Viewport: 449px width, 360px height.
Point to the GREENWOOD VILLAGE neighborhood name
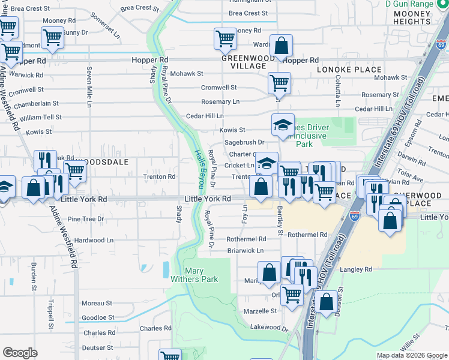[244, 62]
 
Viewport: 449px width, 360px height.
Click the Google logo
[20, 353]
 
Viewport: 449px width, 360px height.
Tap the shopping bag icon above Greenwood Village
[280, 45]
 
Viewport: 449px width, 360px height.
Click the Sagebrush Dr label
[244, 142]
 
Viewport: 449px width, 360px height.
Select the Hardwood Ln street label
[94, 240]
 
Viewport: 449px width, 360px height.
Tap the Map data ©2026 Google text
[411, 355]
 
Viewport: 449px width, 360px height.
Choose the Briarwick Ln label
[245, 250]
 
